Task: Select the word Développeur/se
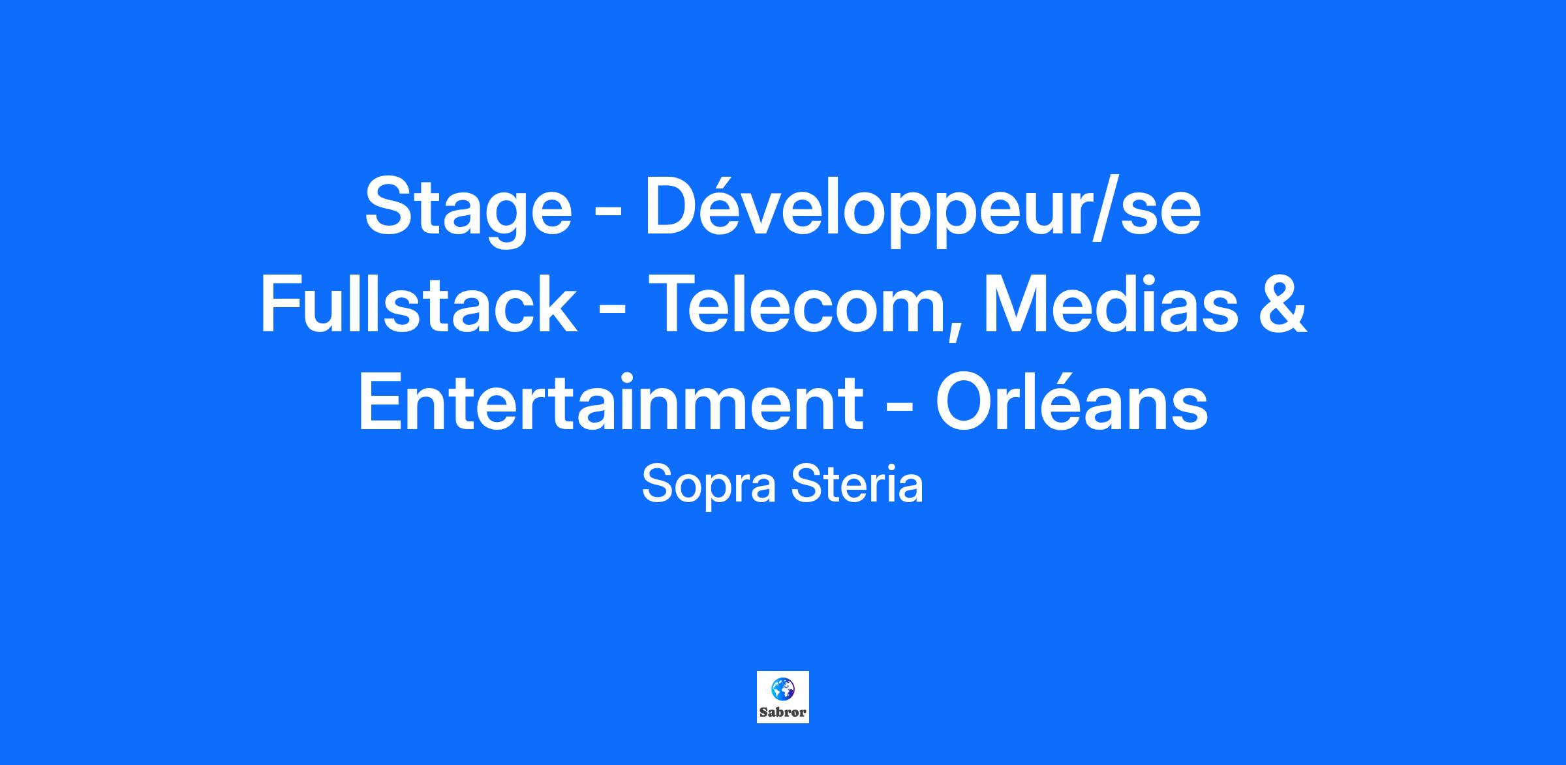[923, 207]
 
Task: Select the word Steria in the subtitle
[857, 485]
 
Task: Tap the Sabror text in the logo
[783, 712]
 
